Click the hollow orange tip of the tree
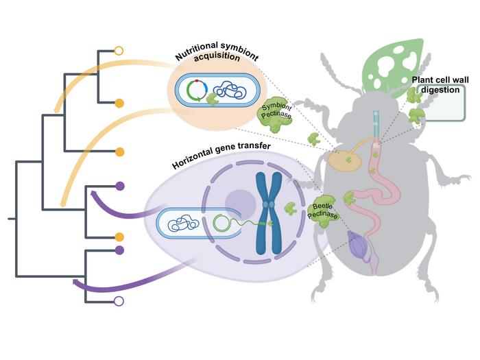[x=119, y=51]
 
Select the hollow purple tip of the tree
[x=119, y=301]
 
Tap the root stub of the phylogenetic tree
[x=12, y=219]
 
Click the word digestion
[x=440, y=90]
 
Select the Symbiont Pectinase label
[x=276, y=111]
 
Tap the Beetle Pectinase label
[x=322, y=211]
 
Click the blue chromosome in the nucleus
[x=269, y=213]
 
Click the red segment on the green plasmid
[x=197, y=81]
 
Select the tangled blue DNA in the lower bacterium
[x=183, y=223]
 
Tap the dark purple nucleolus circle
[x=240, y=204]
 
